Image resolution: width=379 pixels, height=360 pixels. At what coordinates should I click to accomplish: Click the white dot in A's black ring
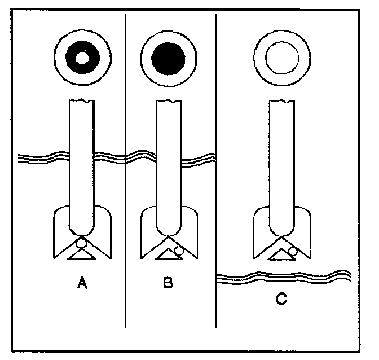point(82,57)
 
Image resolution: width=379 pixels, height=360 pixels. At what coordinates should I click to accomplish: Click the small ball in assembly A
point(82,243)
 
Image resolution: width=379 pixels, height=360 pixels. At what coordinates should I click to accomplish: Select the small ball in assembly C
point(293,250)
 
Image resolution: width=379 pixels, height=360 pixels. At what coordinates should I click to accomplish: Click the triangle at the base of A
point(82,254)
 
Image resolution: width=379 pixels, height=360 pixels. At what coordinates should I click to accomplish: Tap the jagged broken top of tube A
point(82,101)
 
